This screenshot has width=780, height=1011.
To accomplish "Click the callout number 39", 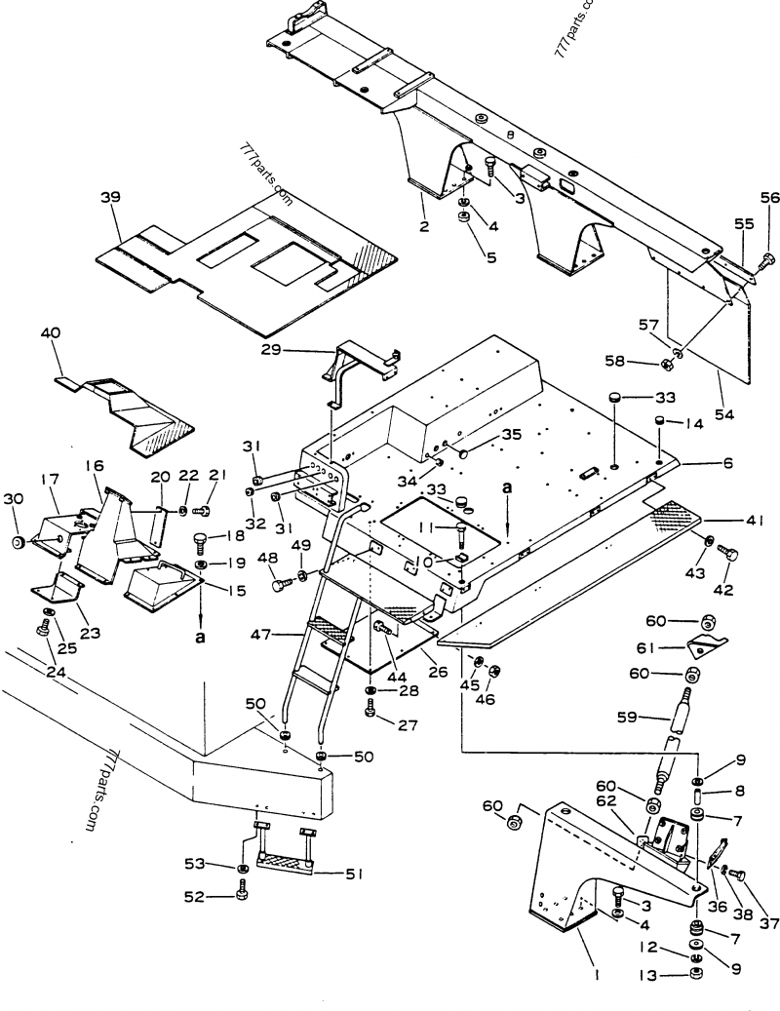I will point(110,197).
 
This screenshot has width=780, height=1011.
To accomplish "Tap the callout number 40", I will point(51,333).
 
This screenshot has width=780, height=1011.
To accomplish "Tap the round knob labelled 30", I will point(17,542).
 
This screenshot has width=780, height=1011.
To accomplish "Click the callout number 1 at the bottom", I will point(597,972).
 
